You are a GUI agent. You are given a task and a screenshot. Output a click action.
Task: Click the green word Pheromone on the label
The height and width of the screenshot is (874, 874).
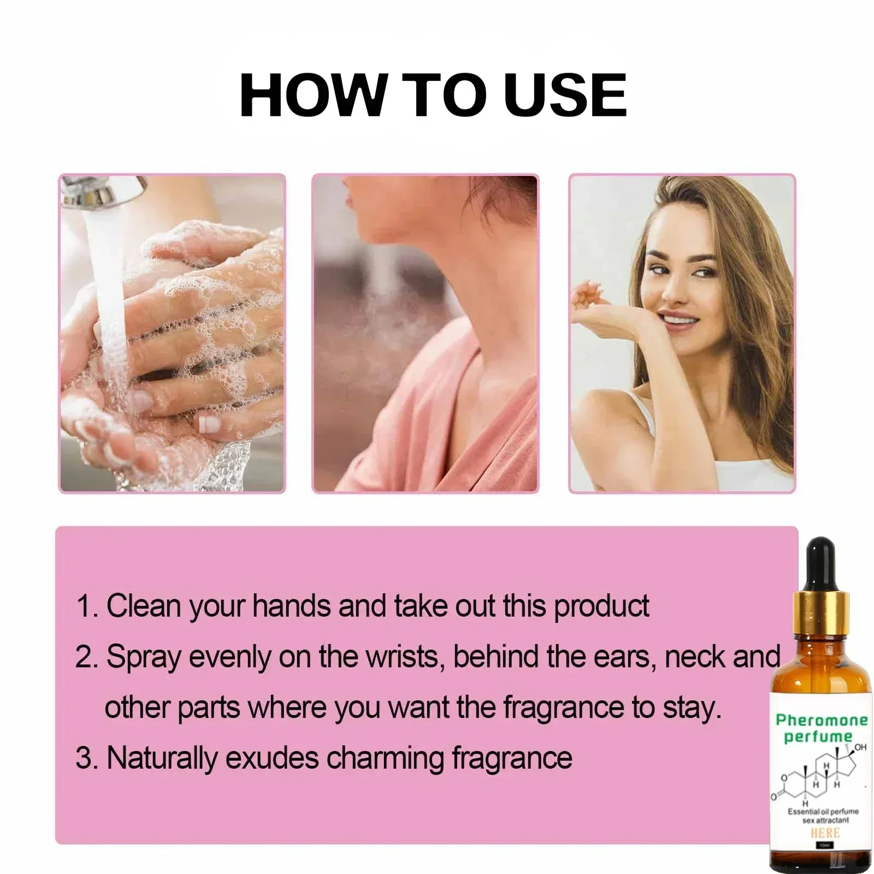tap(822, 720)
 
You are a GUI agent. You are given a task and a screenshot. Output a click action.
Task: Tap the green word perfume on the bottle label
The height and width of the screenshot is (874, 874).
tap(818, 737)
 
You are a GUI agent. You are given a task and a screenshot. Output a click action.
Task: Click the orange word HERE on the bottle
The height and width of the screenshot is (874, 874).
tap(825, 833)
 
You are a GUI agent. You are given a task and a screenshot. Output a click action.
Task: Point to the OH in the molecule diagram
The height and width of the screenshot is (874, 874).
tap(860, 747)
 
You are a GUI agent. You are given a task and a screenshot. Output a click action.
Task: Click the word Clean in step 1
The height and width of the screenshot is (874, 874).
tap(143, 606)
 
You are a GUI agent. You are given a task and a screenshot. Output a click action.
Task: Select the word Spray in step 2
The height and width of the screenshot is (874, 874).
tap(143, 657)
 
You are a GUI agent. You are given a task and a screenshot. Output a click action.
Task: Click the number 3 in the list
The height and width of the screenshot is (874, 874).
tap(84, 759)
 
